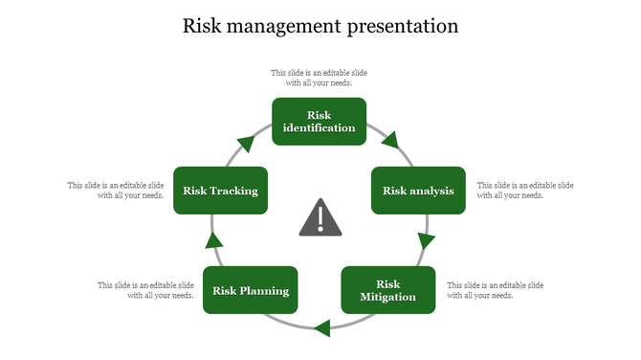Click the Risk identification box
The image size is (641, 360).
pyautogui.click(x=320, y=122)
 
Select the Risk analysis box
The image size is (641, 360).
pyautogui.click(x=418, y=191)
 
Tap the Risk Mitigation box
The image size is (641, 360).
pyautogui.click(x=388, y=290)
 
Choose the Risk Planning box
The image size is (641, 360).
pyautogui.click(x=251, y=291)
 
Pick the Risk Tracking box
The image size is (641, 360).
pyautogui.click(x=221, y=191)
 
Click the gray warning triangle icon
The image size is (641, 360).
pyautogui.click(x=320, y=219)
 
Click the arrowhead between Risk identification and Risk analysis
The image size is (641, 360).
pyautogui.click(x=389, y=142)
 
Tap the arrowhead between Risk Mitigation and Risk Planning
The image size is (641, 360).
pyautogui.click(x=322, y=328)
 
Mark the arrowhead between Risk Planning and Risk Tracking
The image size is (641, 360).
pyautogui.click(x=214, y=240)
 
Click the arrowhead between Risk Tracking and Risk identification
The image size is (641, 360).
pyautogui.click(x=247, y=144)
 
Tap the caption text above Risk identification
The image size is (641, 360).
pyautogui.click(x=320, y=78)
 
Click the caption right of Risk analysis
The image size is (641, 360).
pyautogui.click(x=525, y=190)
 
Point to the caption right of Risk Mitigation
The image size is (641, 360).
pyautogui.click(x=496, y=290)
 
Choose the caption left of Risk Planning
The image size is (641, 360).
pyautogui.click(x=145, y=290)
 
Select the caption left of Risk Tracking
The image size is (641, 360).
pyautogui.click(x=116, y=190)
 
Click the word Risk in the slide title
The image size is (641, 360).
pyautogui.click(x=203, y=26)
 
